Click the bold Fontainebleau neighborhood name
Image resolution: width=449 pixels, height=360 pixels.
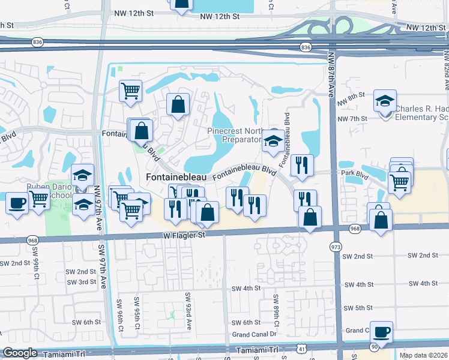pos(176,178)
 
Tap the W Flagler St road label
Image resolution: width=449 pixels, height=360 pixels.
pos(184,235)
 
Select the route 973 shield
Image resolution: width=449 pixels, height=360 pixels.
pos(335,247)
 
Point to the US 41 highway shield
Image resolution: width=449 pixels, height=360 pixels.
pos(300,349)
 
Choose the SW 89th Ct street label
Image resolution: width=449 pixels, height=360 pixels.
pos(276,307)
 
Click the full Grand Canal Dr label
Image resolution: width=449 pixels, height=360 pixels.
pos(254,334)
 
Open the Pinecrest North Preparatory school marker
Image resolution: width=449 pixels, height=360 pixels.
pos(273,141)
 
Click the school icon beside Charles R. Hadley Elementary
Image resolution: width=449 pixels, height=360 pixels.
pos(385,101)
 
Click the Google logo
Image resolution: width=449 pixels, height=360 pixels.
pos(20,353)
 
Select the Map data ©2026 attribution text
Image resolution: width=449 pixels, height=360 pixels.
pos(424,355)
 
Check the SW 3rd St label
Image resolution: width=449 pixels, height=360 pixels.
pos(82,282)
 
